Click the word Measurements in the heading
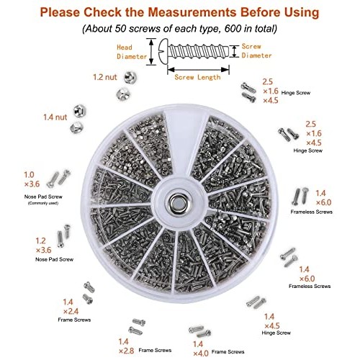[192, 12]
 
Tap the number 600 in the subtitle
[233, 29]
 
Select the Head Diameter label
[132, 52]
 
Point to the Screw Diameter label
[256, 51]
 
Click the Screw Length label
[197, 77]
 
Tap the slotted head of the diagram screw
[163, 52]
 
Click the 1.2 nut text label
[105, 77]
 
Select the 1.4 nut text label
[55, 117]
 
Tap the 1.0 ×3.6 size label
[32, 179]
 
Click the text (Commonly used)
[43, 203]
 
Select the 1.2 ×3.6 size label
[43, 246]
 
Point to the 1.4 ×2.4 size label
[71, 307]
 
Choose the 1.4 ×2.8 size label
[127, 346]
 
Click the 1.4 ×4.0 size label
[201, 348]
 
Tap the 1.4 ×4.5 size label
[272, 321]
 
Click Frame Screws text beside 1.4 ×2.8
[155, 351]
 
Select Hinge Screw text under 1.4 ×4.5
[276, 333]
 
